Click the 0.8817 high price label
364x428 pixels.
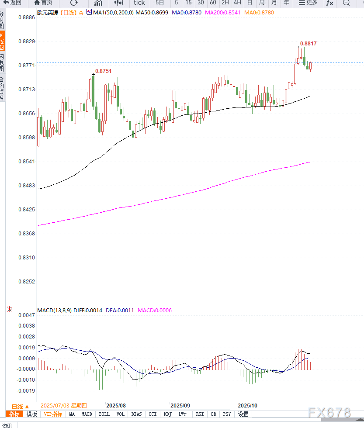point(309,44)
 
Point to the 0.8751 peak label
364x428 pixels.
point(103,71)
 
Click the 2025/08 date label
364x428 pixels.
point(116,405)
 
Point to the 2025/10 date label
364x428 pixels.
point(247,405)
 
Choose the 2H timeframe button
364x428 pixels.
point(225,3)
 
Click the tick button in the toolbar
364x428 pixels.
point(139,3)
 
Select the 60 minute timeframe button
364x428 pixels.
point(213,3)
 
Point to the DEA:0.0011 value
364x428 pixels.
point(120,311)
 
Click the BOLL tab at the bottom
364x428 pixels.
point(104,414)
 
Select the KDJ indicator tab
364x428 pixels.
point(168,414)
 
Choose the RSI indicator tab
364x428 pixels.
point(200,414)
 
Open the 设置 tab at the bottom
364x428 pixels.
point(243,414)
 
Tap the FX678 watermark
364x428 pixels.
point(329,413)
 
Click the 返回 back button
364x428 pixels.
point(13,3)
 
